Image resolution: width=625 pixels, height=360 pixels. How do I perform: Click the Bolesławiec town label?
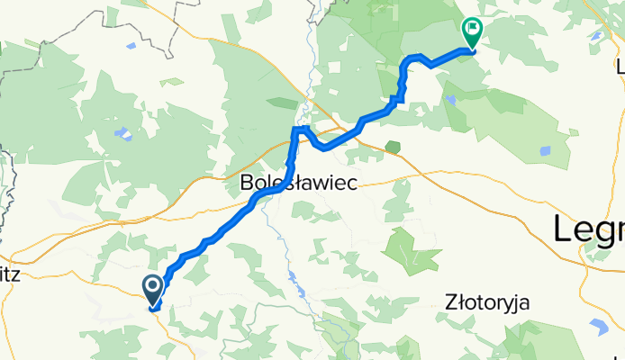point(299,183)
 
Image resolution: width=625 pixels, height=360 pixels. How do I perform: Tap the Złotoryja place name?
point(487,303)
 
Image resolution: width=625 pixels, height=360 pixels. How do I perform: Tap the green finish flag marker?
point(471,32)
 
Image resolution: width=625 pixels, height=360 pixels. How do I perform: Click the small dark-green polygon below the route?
point(392,146)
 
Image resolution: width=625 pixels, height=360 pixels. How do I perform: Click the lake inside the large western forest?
point(122,136)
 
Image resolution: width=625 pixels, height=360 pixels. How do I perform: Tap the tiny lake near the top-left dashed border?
point(131,44)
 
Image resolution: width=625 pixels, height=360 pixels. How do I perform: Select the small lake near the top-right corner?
point(596,37)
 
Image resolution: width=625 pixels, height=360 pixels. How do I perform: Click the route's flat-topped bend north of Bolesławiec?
point(300,130)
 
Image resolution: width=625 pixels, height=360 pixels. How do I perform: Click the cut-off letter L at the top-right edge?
point(620,64)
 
